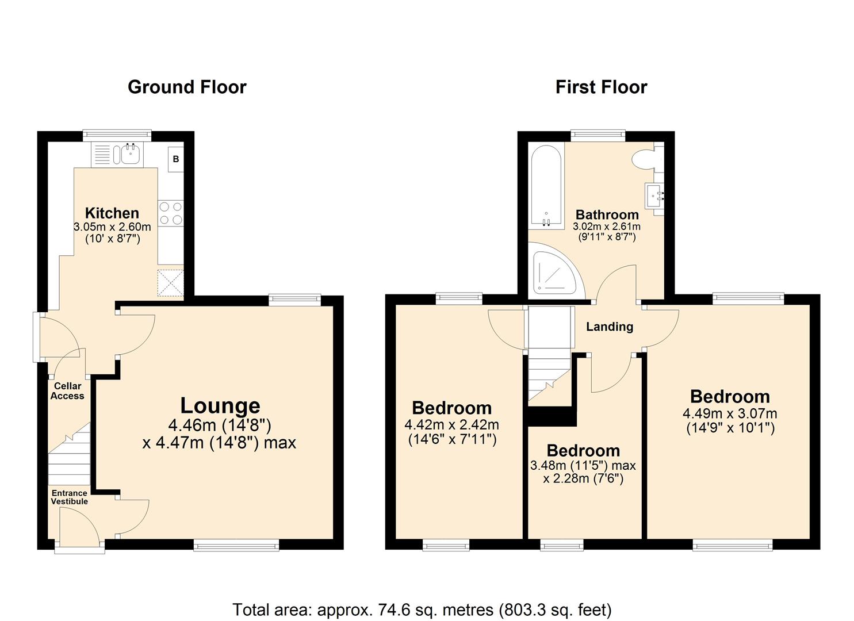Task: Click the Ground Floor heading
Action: pyautogui.click(x=187, y=87)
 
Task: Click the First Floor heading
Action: pyautogui.click(x=601, y=87)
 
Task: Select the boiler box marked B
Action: pyautogui.click(x=176, y=159)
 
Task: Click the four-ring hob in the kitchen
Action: pyautogui.click(x=170, y=213)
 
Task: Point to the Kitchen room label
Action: pyautogui.click(x=112, y=213)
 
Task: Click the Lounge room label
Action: pyautogui.click(x=220, y=405)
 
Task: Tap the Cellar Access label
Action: pyautogui.click(x=67, y=391)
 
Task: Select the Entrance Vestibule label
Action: pyautogui.click(x=70, y=497)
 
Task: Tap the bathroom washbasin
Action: pyautogui.click(x=654, y=196)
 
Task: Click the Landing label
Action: pyautogui.click(x=610, y=327)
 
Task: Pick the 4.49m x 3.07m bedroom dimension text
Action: pyautogui.click(x=730, y=413)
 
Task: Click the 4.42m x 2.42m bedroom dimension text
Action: pyautogui.click(x=451, y=425)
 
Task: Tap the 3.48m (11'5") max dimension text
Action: pyautogui.click(x=583, y=465)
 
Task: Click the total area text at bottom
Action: pyautogui.click(x=422, y=609)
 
